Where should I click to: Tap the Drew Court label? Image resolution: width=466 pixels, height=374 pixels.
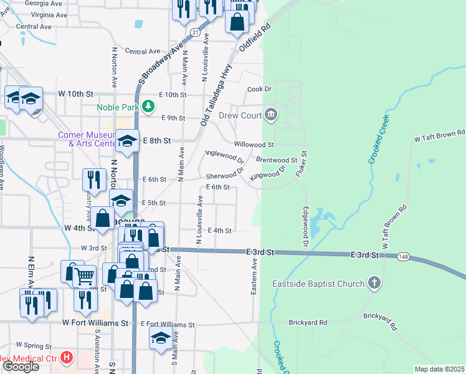pos(242,116)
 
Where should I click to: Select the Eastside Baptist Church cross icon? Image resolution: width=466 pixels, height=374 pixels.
pos(374,284)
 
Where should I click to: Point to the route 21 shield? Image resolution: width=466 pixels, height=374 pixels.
pos(196,32)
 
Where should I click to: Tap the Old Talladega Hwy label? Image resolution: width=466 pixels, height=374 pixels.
pos(216,93)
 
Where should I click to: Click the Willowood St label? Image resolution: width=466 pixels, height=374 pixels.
pos(254,144)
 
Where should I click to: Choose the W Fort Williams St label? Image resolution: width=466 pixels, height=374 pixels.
pos(95,324)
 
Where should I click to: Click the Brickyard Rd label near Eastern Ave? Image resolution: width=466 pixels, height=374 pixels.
pos(308,323)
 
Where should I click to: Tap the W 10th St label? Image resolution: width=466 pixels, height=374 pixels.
pos(75,93)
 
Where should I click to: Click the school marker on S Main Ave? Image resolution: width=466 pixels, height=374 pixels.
pos(161,338)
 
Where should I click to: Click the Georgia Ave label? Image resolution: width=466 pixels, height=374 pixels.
pos(44,3)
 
